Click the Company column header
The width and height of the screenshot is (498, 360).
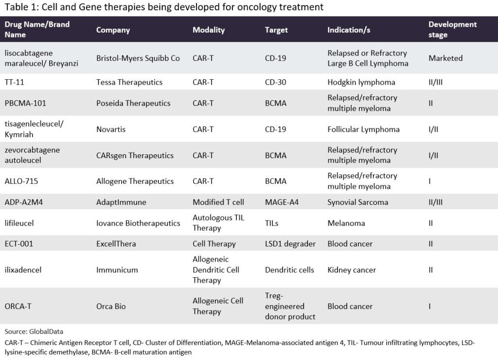pyautogui.click(x=113, y=30)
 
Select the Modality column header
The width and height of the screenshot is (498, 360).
pyautogui.click(x=209, y=30)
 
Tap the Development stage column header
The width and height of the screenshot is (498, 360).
pyautogui.click(x=452, y=29)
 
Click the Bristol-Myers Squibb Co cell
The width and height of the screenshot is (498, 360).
pyautogui.click(x=138, y=58)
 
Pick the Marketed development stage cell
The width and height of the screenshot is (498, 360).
pyautogui.click(x=445, y=58)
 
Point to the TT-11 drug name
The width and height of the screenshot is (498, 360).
pyautogui.click(x=15, y=82)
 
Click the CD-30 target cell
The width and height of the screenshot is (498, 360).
pyautogui.click(x=276, y=82)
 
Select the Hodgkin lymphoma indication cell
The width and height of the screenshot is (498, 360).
pyautogui.click(x=361, y=82)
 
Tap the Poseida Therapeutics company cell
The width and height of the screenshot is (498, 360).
pyautogui.click(x=133, y=103)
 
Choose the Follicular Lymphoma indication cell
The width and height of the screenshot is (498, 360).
pyautogui.click(x=363, y=129)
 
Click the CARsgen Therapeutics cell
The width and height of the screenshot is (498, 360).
pyautogui.click(x=135, y=156)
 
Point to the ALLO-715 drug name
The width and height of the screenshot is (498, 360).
pyautogui.click(x=21, y=181)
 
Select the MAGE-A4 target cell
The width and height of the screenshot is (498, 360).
pyautogui.click(x=282, y=202)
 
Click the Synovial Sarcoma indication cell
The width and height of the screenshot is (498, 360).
pyautogui.click(x=357, y=202)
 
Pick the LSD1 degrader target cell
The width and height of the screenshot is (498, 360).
pyautogui.click(x=290, y=244)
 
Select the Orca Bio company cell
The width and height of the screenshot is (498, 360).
pyautogui.click(x=111, y=306)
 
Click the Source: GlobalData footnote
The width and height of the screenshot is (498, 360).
pyautogui.click(x=34, y=332)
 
